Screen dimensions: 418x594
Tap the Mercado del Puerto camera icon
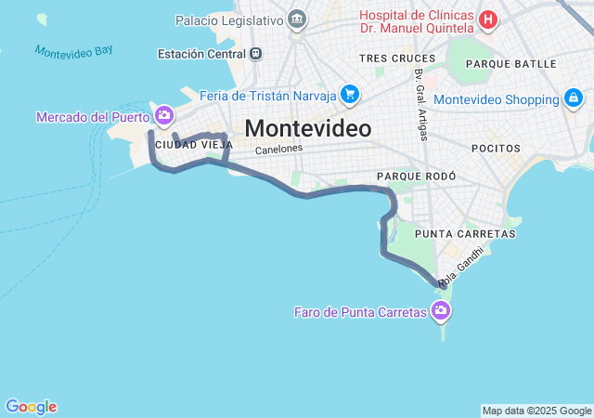coord(164,116)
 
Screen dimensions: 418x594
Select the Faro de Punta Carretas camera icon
coord(441,311)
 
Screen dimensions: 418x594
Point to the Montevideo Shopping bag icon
coord(574,98)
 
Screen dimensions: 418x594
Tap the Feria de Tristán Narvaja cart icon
coord(349,94)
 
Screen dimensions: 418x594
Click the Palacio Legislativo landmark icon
coord(297,19)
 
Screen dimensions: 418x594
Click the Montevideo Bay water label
coord(73,51)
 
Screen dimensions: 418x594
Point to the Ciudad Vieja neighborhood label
coord(194,145)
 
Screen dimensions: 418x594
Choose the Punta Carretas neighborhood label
coord(452,232)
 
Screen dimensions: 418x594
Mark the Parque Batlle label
coord(511,64)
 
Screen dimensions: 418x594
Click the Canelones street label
coord(278,149)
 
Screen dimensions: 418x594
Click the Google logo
coord(31,407)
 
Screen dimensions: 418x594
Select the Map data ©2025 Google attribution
coord(536,411)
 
